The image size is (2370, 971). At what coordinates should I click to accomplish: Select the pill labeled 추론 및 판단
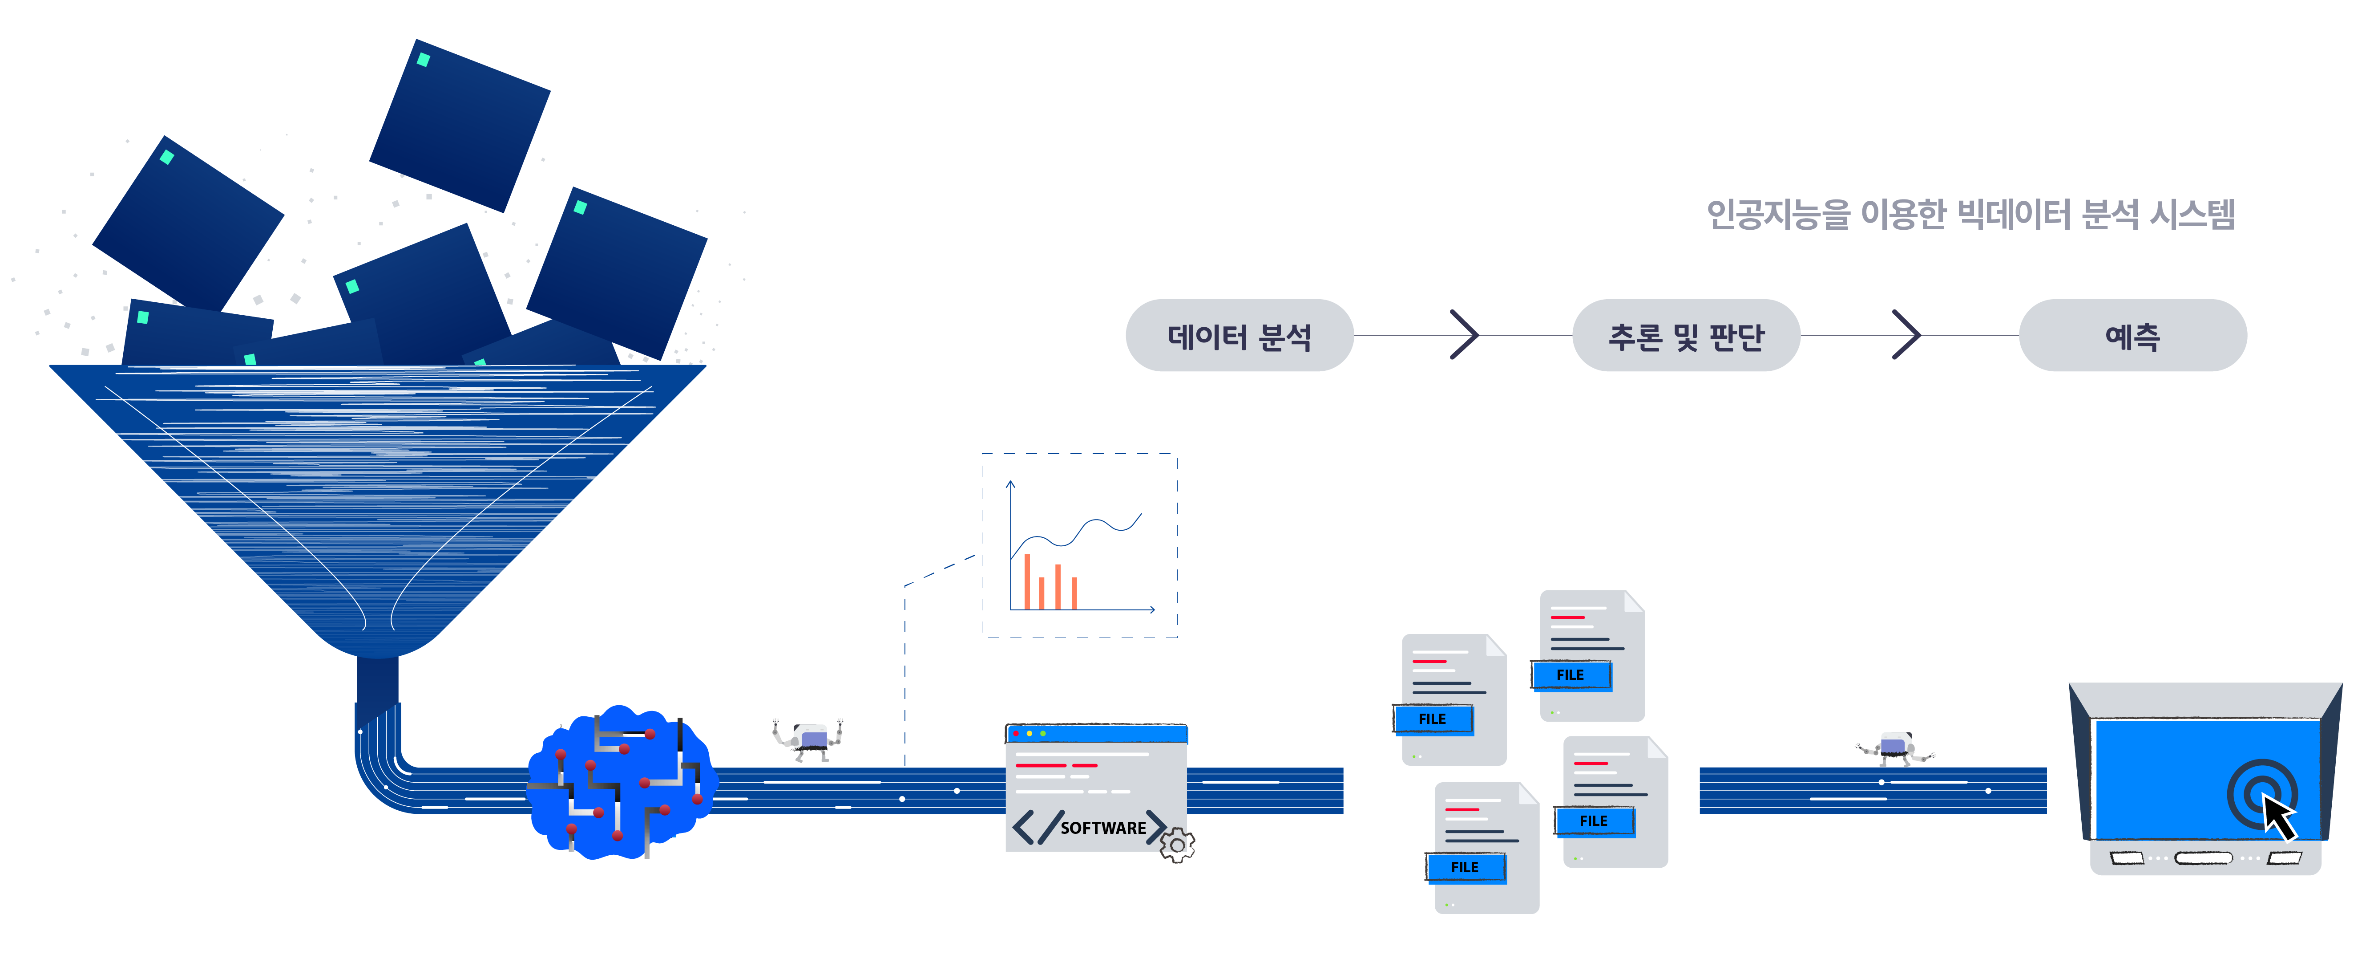point(1685,335)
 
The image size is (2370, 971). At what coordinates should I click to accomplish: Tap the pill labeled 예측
point(2132,335)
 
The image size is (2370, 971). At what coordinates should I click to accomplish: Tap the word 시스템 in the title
point(2192,215)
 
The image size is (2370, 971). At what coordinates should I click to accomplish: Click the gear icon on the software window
point(1177,844)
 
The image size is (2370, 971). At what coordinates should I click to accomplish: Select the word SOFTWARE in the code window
point(1103,828)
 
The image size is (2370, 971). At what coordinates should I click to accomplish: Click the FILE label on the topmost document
point(1571,674)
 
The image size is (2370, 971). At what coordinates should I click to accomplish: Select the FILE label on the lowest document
point(1465,867)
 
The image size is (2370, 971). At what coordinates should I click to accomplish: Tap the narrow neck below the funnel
point(377,681)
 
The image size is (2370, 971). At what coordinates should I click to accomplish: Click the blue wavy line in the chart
point(1076,534)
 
